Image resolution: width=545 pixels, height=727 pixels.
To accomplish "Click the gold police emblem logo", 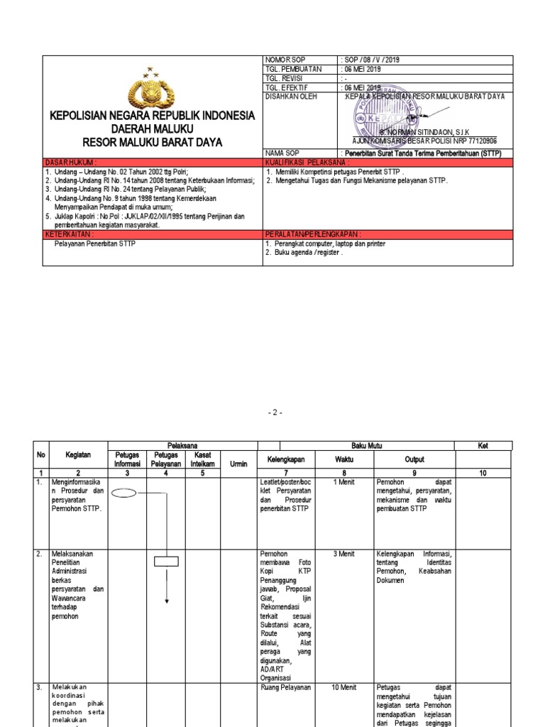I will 150,90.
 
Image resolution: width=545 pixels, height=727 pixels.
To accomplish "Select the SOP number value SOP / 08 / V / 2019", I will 372,60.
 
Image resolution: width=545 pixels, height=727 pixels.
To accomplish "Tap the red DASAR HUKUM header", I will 71,162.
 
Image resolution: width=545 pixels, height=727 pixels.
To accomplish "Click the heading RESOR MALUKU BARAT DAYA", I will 152,142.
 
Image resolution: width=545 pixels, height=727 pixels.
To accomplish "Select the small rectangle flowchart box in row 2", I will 166,561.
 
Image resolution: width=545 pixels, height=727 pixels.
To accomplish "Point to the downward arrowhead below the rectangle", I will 166,601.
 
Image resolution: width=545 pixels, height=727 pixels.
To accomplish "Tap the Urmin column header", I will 239,464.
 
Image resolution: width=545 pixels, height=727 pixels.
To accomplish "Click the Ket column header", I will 483,445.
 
